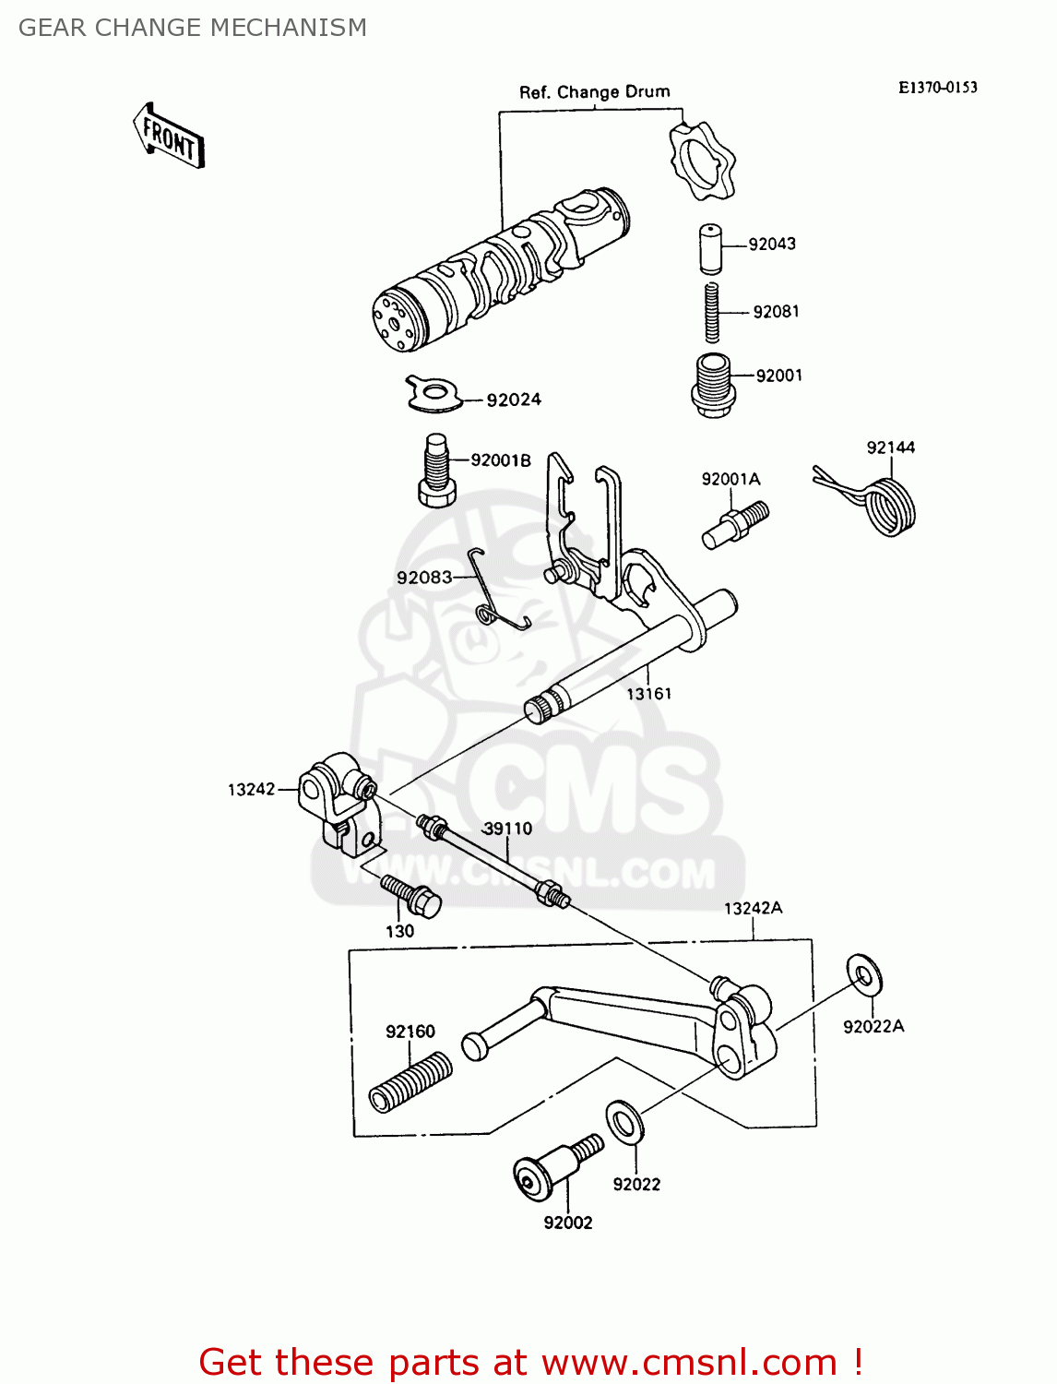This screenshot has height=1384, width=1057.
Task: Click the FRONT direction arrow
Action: click(169, 136)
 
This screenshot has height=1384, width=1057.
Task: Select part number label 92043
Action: click(772, 245)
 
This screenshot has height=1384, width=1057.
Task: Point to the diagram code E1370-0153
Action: click(937, 88)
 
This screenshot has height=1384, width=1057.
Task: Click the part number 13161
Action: click(648, 694)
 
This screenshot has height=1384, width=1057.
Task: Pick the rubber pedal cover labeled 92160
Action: click(410, 1082)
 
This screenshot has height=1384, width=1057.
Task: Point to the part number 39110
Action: click(507, 829)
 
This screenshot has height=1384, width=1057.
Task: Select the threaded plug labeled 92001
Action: click(712, 384)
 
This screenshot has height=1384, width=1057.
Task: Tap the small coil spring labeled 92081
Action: click(711, 313)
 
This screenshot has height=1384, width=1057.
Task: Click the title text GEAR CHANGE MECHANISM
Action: click(193, 28)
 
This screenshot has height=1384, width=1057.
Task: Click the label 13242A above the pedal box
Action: click(753, 908)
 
